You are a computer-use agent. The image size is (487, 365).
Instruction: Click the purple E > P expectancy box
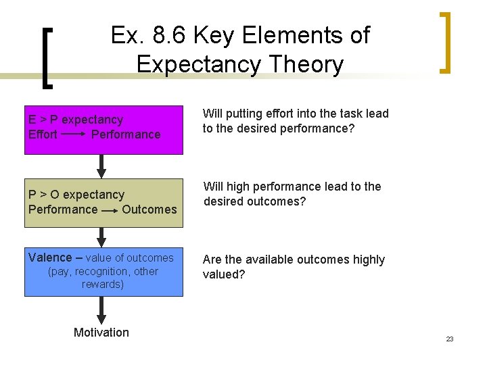(x=103, y=130)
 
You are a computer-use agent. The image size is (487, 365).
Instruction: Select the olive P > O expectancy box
(x=103, y=201)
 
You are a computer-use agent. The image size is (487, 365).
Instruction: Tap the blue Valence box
(x=103, y=272)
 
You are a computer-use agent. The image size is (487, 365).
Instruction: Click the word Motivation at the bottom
(x=101, y=332)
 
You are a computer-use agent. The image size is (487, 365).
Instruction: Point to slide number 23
(x=450, y=339)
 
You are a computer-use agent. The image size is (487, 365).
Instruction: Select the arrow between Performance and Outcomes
(x=110, y=210)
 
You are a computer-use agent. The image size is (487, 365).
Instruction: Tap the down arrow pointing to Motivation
(x=101, y=309)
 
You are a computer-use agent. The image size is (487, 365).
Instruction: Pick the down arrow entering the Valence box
(x=101, y=237)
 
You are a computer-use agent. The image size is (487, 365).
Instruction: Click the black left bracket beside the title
(x=47, y=57)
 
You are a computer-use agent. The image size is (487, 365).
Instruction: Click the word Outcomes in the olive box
(x=149, y=210)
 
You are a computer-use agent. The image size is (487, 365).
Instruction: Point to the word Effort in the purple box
(x=43, y=135)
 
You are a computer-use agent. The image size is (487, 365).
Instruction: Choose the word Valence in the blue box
(x=50, y=257)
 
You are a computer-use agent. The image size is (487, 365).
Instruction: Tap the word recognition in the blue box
(x=103, y=272)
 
